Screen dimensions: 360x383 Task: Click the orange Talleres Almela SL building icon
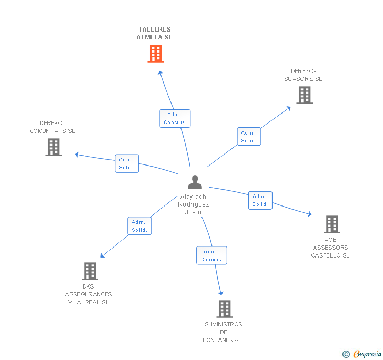(x=155, y=54)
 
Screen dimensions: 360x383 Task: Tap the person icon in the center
(x=195, y=182)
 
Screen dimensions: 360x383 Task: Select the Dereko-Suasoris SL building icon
(x=304, y=95)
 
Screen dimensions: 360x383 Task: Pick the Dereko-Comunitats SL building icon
(x=54, y=147)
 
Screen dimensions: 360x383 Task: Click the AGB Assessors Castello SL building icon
(x=331, y=224)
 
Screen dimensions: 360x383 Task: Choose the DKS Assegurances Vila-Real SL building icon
(x=90, y=271)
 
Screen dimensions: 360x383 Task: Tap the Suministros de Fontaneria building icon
(x=225, y=309)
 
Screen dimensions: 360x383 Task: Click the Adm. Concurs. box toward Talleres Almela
(x=175, y=118)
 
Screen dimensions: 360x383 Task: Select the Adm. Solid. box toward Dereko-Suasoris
(x=249, y=137)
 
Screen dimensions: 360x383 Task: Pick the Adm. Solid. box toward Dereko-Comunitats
(x=127, y=163)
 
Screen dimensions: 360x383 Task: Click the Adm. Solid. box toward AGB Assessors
(x=260, y=200)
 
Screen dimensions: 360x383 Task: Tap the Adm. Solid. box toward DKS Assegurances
(x=139, y=226)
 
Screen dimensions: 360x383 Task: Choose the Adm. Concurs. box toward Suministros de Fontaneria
(x=211, y=255)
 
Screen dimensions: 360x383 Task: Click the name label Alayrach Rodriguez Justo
(x=193, y=204)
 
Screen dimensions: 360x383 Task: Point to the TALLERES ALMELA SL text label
(x=154, y=34)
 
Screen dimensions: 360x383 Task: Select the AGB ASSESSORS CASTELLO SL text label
(x=330, y=248)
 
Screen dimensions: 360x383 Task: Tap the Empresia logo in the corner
(x=362, y=354)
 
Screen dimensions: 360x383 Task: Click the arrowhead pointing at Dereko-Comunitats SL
(x=77, y=155)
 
